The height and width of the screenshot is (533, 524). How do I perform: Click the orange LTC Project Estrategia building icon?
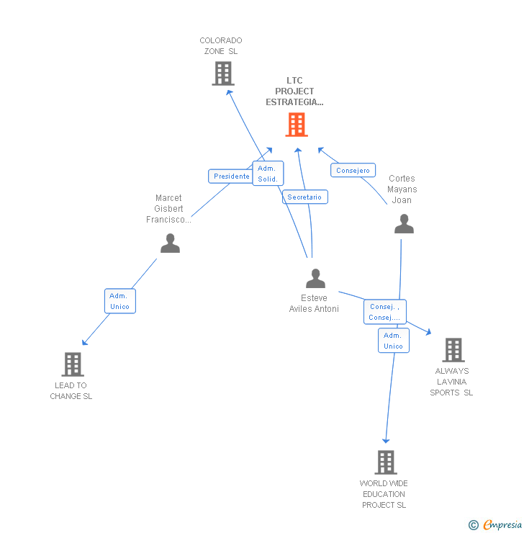tap(296, 125)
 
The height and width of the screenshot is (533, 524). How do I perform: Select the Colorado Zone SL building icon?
tap(223, 73)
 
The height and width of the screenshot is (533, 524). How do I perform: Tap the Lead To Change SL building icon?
tap(73, 364)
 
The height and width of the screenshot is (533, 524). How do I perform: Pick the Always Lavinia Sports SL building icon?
tap(453, 350)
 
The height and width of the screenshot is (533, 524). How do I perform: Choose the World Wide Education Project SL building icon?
tap(386, 462)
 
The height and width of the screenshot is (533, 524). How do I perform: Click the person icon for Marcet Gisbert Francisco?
tap(170, 243)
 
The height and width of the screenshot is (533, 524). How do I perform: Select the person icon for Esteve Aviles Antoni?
tap(315, 278)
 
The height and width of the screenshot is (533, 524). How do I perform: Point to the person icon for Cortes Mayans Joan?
tap(404, 224)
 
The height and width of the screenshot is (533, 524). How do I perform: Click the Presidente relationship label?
tap(231, 176)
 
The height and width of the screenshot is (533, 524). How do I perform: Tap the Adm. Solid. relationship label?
tap(267, 174)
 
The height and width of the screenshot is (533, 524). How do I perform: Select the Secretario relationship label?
tap(305, 197)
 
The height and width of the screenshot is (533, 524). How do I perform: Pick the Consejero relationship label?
tap(353, 171)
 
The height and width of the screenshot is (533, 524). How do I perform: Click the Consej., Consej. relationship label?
tap(384, 312)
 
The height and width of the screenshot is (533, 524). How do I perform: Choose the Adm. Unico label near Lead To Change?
tap(119, 301)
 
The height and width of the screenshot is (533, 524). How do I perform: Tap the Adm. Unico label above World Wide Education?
tap(393, 341)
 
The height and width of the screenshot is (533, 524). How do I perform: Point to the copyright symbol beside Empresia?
tap(473, 525)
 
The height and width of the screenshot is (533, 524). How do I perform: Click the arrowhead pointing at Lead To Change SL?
tap(84, 342)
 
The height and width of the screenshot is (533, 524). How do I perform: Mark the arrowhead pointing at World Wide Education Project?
tap(386, 440)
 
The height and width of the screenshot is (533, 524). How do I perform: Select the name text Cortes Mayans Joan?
tap(402, 189)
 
